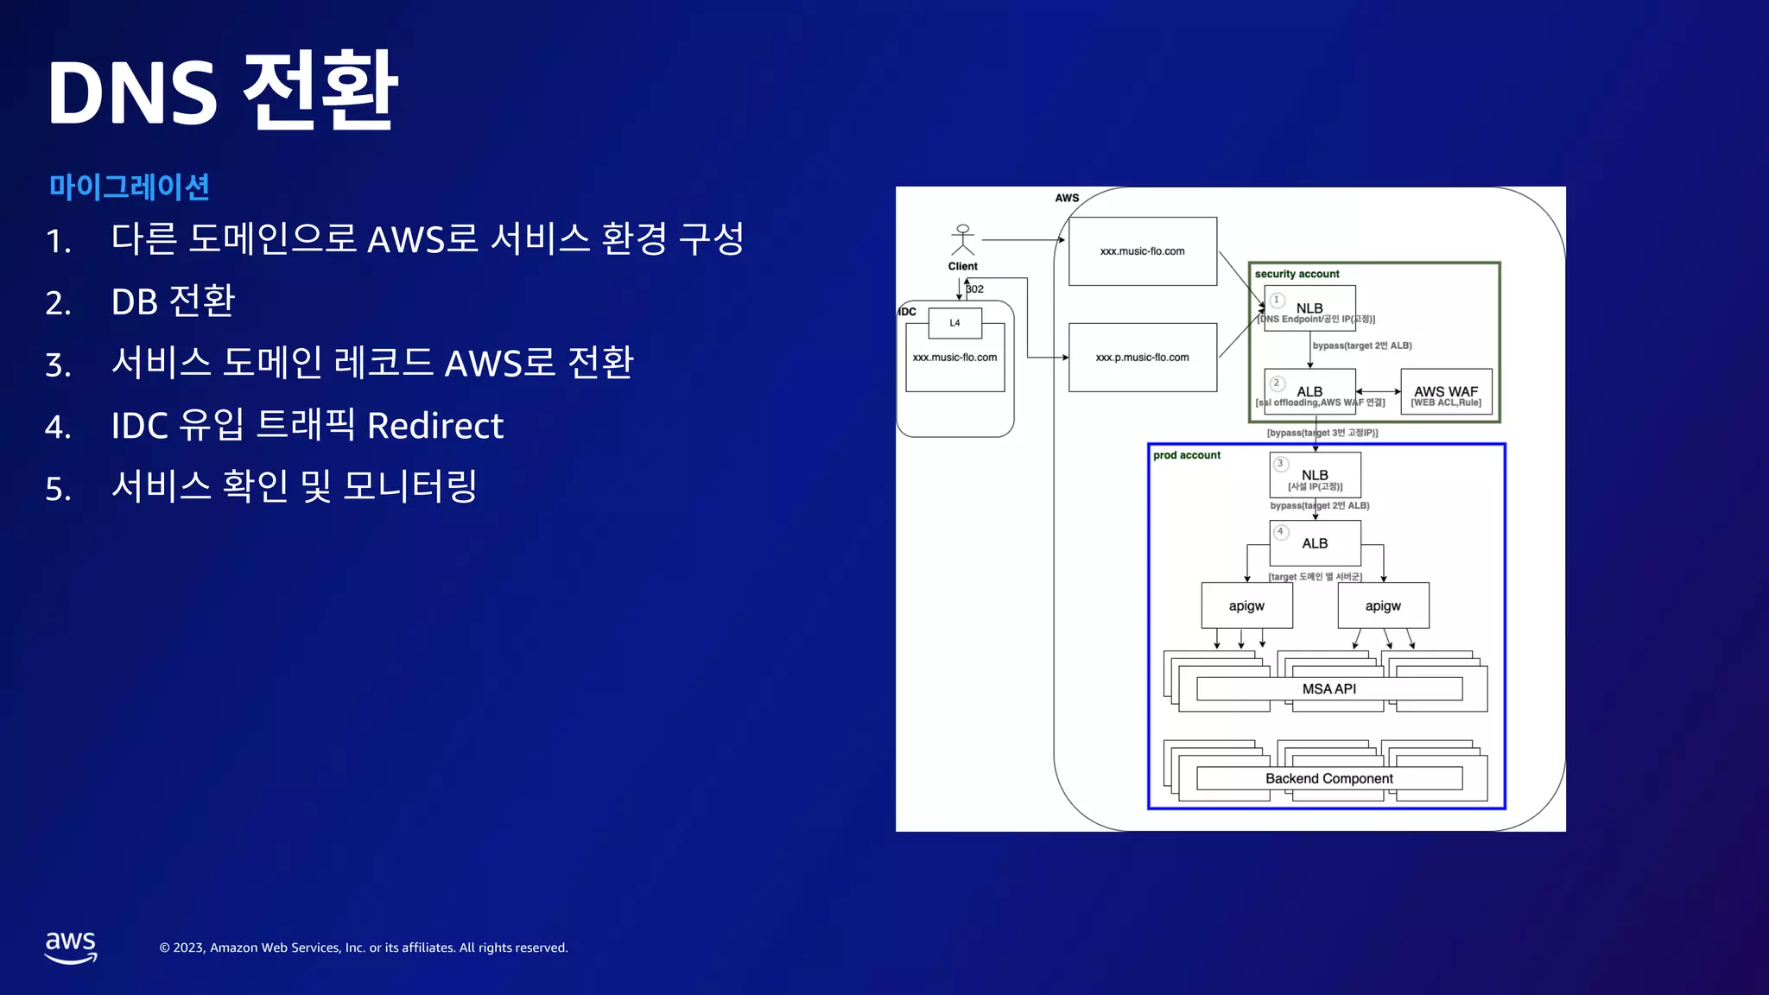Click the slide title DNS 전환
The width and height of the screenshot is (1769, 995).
click(x=222, y=92)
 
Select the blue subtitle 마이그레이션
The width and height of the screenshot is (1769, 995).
click(x=129, y=187)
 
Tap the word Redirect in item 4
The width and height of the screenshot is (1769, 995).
click(x=434, y=426)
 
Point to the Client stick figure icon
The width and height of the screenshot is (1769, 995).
click(x=962, y=239)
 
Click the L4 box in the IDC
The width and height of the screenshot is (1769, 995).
click(x=954, y=323)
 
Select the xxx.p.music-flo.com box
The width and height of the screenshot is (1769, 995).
click(x=1142, y=358)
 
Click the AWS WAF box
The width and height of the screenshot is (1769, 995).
click(x=1445, y=394)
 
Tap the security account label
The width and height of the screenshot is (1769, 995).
click(x=1297, y=274)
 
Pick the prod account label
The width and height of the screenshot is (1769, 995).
click(x=1186, y=455)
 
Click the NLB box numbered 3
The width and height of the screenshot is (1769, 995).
click(x=1315, y=475)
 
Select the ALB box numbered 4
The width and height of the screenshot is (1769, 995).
click(x=1315, y=543)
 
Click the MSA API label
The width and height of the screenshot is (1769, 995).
click(x=1328, y=688)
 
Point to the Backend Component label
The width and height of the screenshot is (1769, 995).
click(x=1328, y=778)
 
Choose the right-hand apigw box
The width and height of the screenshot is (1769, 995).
click(x=1382, y=605)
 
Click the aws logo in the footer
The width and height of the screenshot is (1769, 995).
click(x=71, y=947)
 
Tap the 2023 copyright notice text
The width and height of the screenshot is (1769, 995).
click(x=363, y=947)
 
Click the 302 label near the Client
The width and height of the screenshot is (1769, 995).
click(x=975, y=289)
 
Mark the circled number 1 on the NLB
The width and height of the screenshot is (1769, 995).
click(x=1277, y=300)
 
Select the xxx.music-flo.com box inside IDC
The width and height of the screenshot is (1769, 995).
click(x=954, y=358)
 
